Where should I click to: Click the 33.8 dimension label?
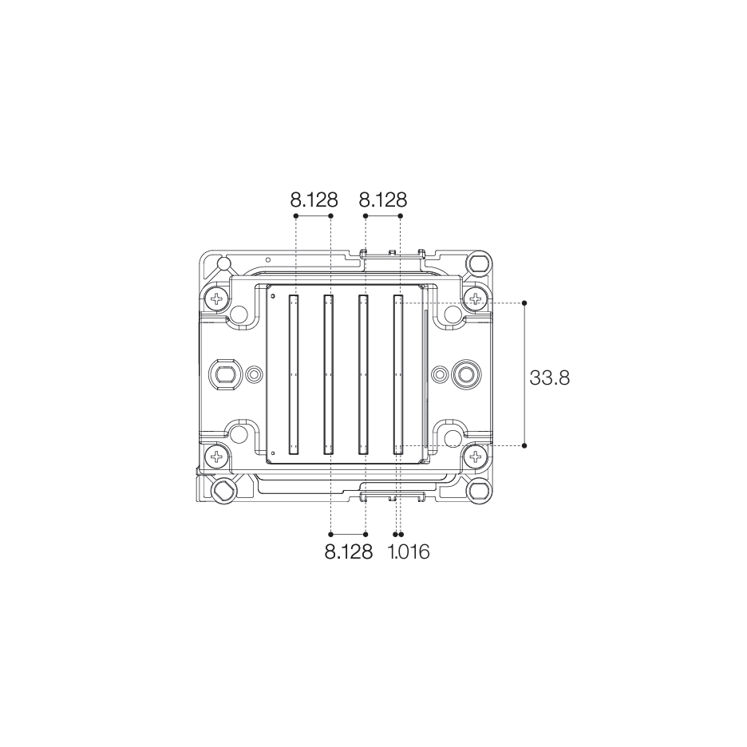pyautogui.click(x=549, y=377)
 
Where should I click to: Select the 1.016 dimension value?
pyautogui.click(x=409, y=551)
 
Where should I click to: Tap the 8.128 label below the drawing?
pyautogui.click(x=348, y=551)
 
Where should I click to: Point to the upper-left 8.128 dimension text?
pyautogui.click(x=314, y=199)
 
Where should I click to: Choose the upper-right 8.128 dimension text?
pyautogui.click(x=383, y=199)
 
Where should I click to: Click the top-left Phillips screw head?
pyautogui.click(x=216, y=299)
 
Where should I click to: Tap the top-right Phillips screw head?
pyautogui.click(x=476, y=299)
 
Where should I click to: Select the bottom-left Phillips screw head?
pyautogui.click(x=216, y=457)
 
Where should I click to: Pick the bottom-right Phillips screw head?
pyautogui.click(x=476, y=457)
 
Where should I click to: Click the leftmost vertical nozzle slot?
pyautogui.click(x=294, y=374)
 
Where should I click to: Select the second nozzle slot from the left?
pyautogui.click(x=328, y=374)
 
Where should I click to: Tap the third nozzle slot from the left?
pyautogui.click(x=363, y=374)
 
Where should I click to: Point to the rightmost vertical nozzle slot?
pyautogui.click(x=398, y=374)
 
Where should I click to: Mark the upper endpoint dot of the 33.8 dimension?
pyautogui.click(x=524, y=303)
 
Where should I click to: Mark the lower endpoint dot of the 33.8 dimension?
pyautogui.click(x=524, y=445)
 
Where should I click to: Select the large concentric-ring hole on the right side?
pyautogui.click(x=465, y=373)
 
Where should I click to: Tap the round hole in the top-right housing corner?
pyautogui.click(x=478, y=263)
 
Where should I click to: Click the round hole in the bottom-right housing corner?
pyautogui.click(x=478, y=489)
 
